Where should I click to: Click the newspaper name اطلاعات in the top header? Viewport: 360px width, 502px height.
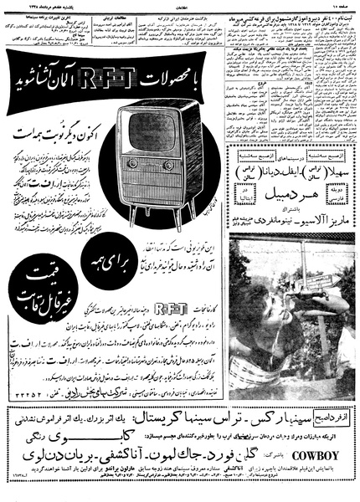coord(179,5)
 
